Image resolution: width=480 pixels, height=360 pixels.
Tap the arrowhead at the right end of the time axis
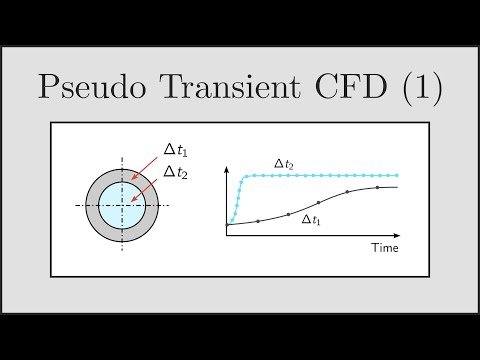(x=400, y=235)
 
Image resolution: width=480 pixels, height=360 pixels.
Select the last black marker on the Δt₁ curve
(x=378, y=187)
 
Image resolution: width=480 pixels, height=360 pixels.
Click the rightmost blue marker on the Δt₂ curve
(x=397, y=176)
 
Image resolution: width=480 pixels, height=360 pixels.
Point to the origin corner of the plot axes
(x=226, y=235)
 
